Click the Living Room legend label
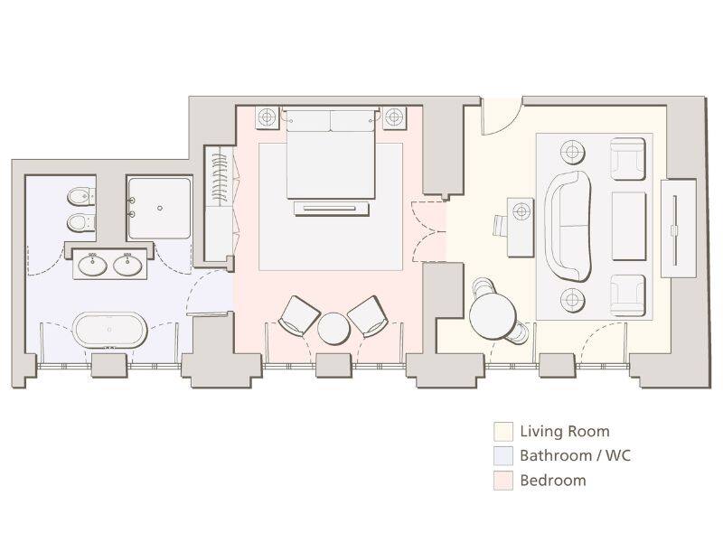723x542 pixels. pos(565,432)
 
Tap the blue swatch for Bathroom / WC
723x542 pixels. pos(503,455)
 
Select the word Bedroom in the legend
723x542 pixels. pos(552,481)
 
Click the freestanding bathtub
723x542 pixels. pos(109,330)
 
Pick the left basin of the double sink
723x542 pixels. pos(91,266)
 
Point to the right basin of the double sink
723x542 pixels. pos(127,266)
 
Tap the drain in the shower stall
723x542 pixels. pos(159,208)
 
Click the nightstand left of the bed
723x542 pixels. pos(268,117)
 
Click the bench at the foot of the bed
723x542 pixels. pos(331,209)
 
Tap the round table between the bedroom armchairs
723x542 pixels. pos(333,327)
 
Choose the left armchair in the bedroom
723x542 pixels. pos(298,314)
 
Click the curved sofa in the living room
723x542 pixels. pos(568,224)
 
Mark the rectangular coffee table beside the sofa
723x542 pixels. pos(629,225)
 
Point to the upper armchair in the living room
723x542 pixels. pos(627,158)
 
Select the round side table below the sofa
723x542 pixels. pos(571,298)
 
